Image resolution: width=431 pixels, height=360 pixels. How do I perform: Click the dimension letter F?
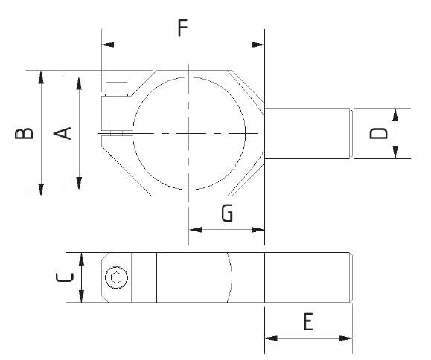[x=182, y=28]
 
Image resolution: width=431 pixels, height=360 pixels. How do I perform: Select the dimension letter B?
[x=24, y=133]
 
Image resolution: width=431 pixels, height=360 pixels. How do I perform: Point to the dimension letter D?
[x=379, y=133]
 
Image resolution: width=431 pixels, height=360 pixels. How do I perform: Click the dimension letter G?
[x=229, y=213]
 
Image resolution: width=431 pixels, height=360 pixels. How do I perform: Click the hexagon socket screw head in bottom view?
[x=115, y=278]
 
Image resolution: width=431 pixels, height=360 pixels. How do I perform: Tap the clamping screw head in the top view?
[x=115, y=90]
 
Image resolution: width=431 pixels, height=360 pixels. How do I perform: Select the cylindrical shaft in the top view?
[x=307, y=133]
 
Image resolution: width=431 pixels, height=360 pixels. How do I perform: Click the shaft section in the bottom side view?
[x=307, y=277]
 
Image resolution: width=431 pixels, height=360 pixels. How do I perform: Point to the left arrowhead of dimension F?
[x=106, y=45]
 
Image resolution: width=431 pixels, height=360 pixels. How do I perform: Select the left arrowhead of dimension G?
[x=194, y=229]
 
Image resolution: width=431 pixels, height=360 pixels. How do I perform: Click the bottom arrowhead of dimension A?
[x=79, y=184]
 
